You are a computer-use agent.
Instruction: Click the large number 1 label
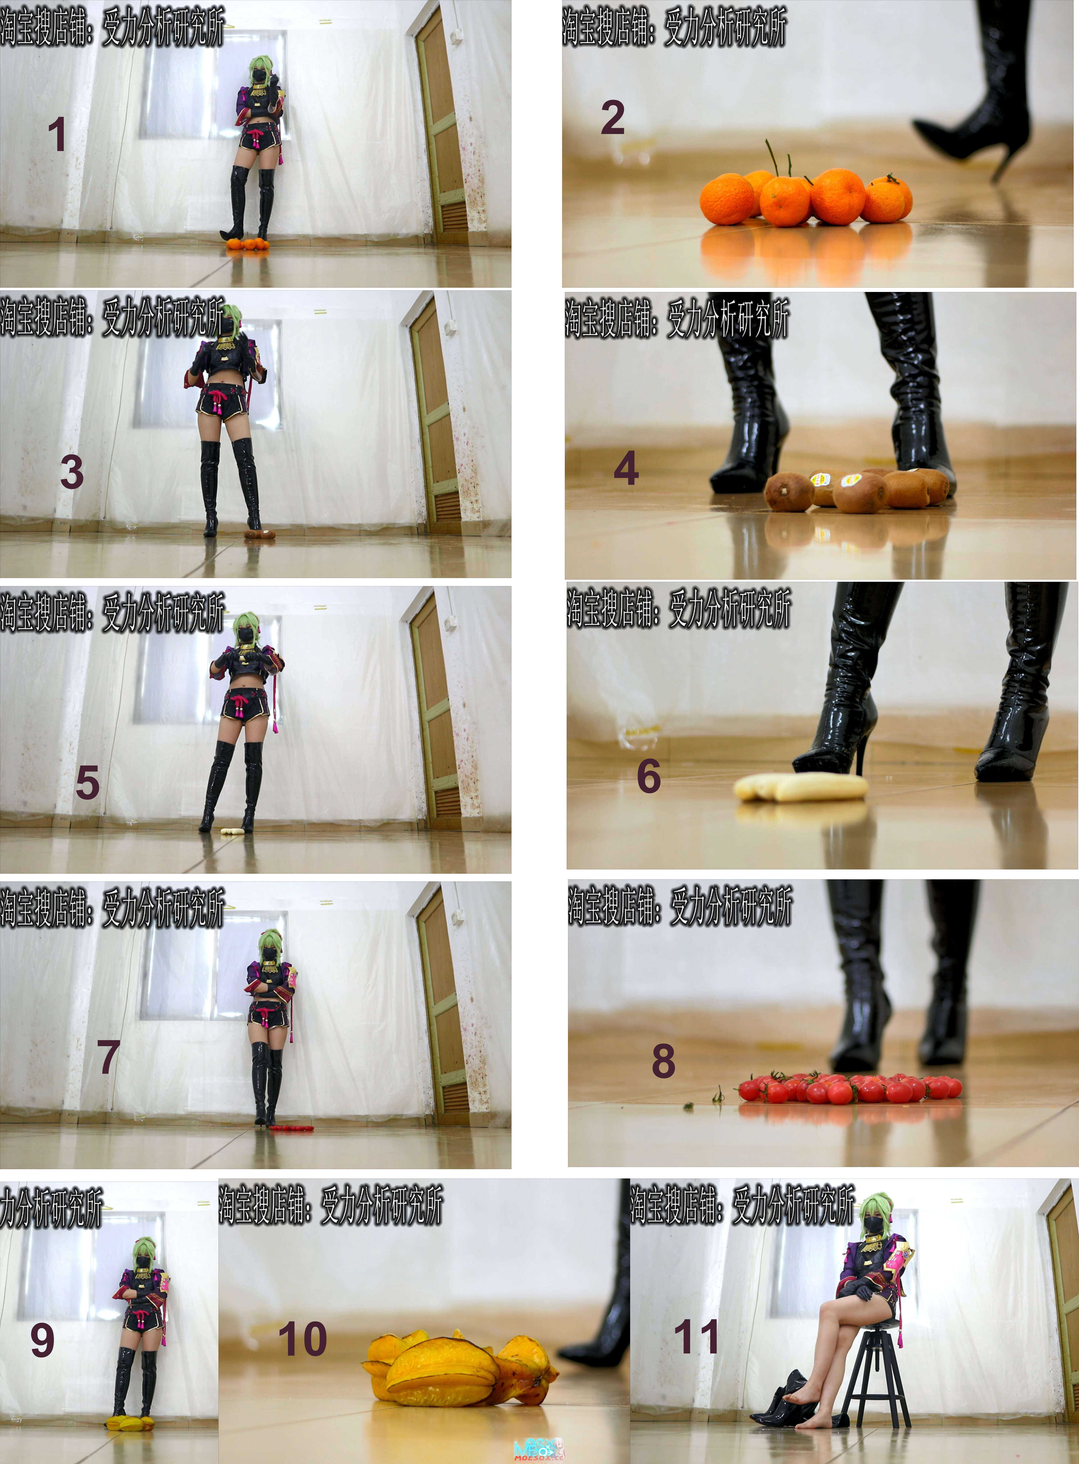(x=57, y=135)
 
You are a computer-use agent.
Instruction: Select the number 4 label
(x=626, y=468)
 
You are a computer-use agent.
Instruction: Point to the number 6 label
(x=648, y=776)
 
